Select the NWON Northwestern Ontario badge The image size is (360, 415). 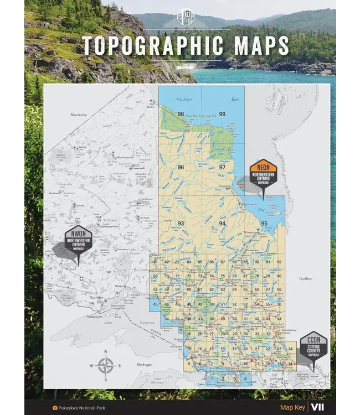point(78,240)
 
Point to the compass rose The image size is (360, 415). point(106,366)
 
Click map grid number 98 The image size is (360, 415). point(181,115)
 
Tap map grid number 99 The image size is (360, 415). point(222,115)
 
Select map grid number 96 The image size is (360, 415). point(181,167)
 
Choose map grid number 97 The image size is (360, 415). point(222,167)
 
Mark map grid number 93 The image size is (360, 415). point(181,224)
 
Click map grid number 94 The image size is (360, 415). point(222,224)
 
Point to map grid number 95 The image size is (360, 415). point(264,224)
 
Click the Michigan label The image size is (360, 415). point(145,365)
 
